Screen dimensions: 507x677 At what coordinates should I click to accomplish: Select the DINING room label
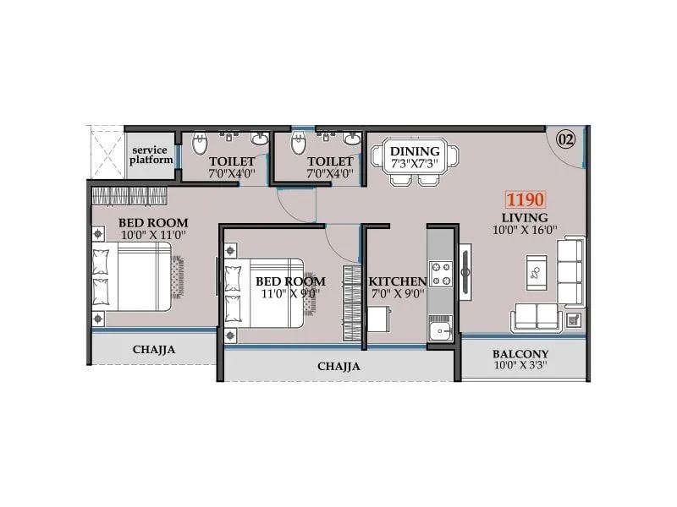(x=414, y=151)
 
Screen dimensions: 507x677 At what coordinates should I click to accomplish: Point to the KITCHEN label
(x=397, y=281)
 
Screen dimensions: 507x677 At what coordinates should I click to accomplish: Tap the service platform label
(x=151, y=154)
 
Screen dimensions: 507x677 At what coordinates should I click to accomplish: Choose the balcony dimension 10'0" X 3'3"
(x=520, y=367)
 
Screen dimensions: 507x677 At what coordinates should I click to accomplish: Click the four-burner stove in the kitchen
(x=440, y=273)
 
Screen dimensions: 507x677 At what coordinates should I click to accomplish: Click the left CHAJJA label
(x=153, y=349)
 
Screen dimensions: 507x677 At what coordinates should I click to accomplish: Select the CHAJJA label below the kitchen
(x=338, y=367)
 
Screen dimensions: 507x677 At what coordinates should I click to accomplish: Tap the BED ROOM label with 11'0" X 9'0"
(x=280, y=281)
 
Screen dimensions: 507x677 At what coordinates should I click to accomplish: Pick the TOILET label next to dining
(x=330, y=161)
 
